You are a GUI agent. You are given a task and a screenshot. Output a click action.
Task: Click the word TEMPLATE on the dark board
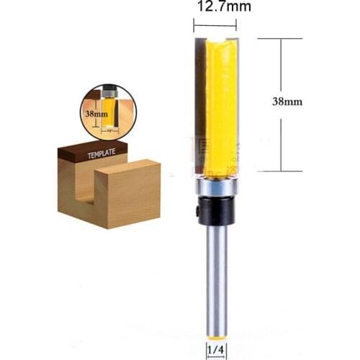[102, 153]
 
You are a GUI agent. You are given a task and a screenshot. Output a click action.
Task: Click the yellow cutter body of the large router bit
[218, 101]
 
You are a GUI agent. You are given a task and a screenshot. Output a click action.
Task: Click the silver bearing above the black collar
[215, 185]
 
